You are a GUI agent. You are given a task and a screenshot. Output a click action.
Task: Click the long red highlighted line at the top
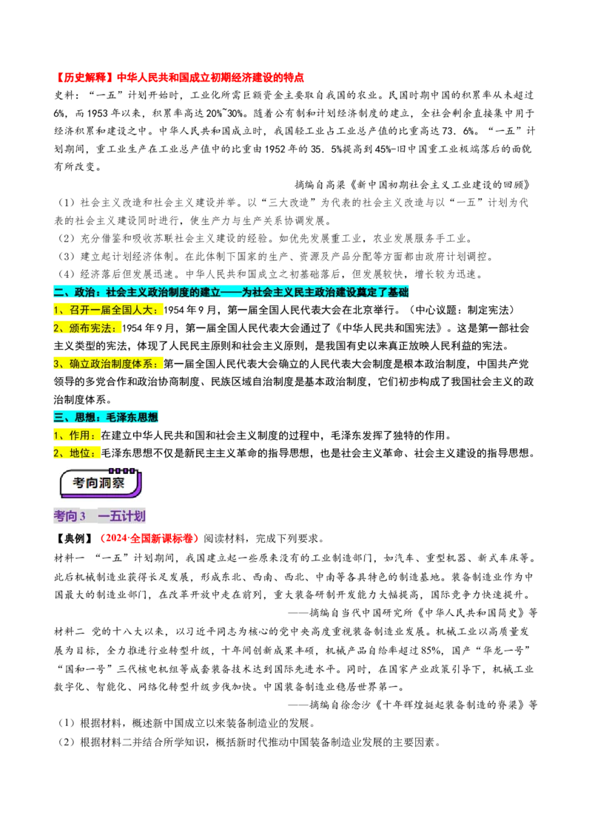click(x=181, y=77)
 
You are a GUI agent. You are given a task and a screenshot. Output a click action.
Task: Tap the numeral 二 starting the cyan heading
click(x=59, y=293)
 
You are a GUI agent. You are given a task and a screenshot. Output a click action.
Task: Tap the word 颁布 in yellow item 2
click(x=78, y=328)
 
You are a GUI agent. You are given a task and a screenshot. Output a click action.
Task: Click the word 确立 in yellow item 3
click(x=78, y=364)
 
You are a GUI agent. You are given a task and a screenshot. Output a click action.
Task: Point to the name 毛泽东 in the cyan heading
click(x=122, y=417)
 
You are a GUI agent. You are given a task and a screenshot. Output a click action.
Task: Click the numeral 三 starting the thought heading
click(x=59, y=417)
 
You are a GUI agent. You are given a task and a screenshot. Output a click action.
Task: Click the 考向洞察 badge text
click(x=98, y=484)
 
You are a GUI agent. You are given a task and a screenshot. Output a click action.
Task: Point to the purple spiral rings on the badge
click(x=122, y=470)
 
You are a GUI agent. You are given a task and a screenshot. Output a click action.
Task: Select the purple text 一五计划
click(x=122, y=516)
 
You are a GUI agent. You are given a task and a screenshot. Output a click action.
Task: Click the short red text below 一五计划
click(x=149, y=538)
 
